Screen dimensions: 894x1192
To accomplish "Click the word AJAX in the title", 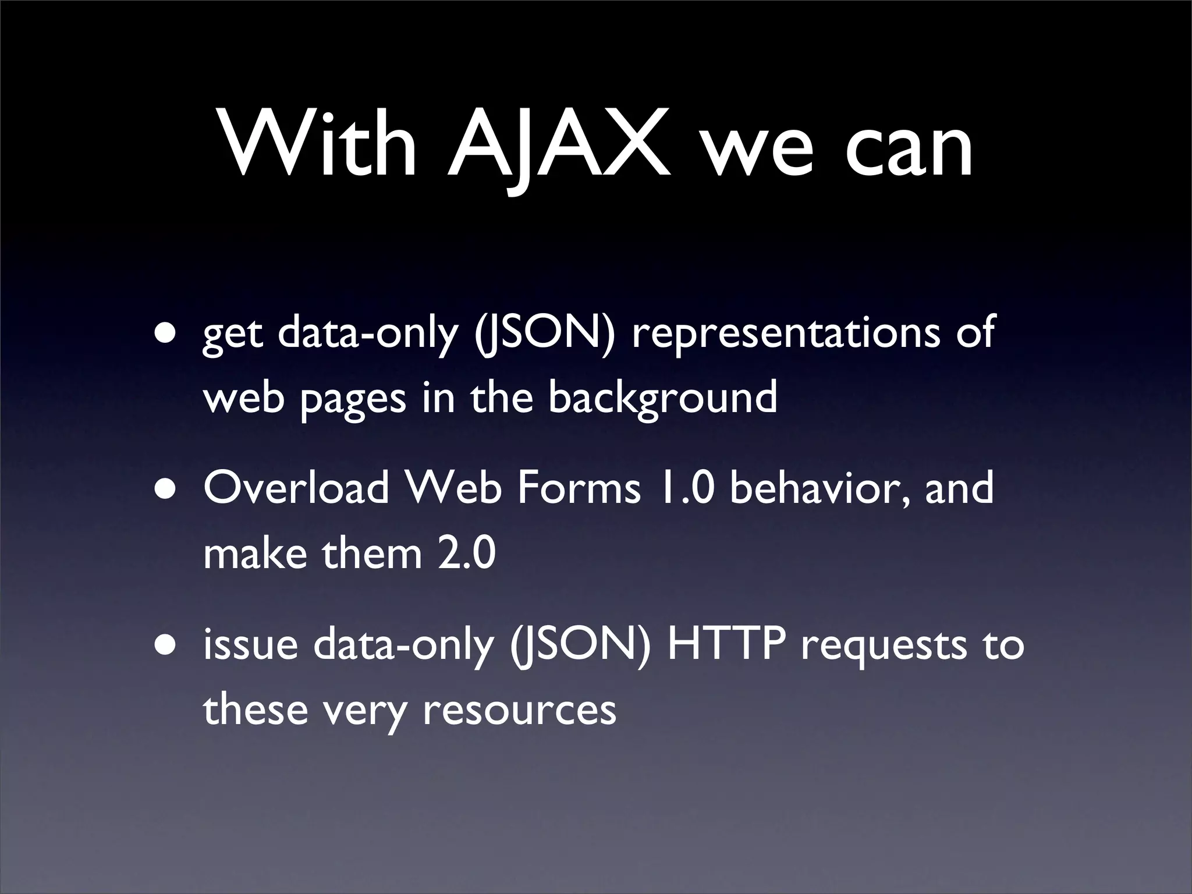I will (x=559, y=146).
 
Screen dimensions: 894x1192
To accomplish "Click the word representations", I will (x=785, y=333).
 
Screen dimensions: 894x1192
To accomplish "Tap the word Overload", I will (x=296, y=488).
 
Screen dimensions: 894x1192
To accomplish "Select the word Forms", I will (x=579, y=488).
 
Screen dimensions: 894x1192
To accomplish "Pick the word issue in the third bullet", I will (x=250, y=645).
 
